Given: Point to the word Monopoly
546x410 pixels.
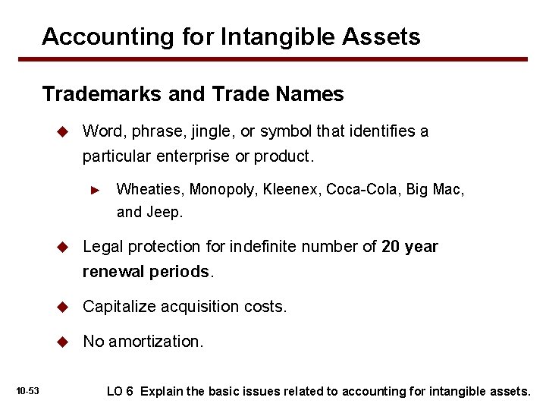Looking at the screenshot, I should click(224, 189).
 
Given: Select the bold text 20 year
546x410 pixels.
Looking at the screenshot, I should click(409, 247).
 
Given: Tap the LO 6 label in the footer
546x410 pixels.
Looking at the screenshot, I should click(120, 392).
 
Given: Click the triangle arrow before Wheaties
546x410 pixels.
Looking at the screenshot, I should click(95, 190).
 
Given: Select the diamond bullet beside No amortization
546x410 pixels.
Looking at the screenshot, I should click(64, 342).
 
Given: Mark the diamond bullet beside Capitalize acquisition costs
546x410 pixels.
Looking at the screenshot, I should click(64, 307).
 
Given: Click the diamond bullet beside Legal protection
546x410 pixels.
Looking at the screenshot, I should click(64, 247).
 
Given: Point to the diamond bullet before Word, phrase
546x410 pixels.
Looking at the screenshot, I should click(64, 131).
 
